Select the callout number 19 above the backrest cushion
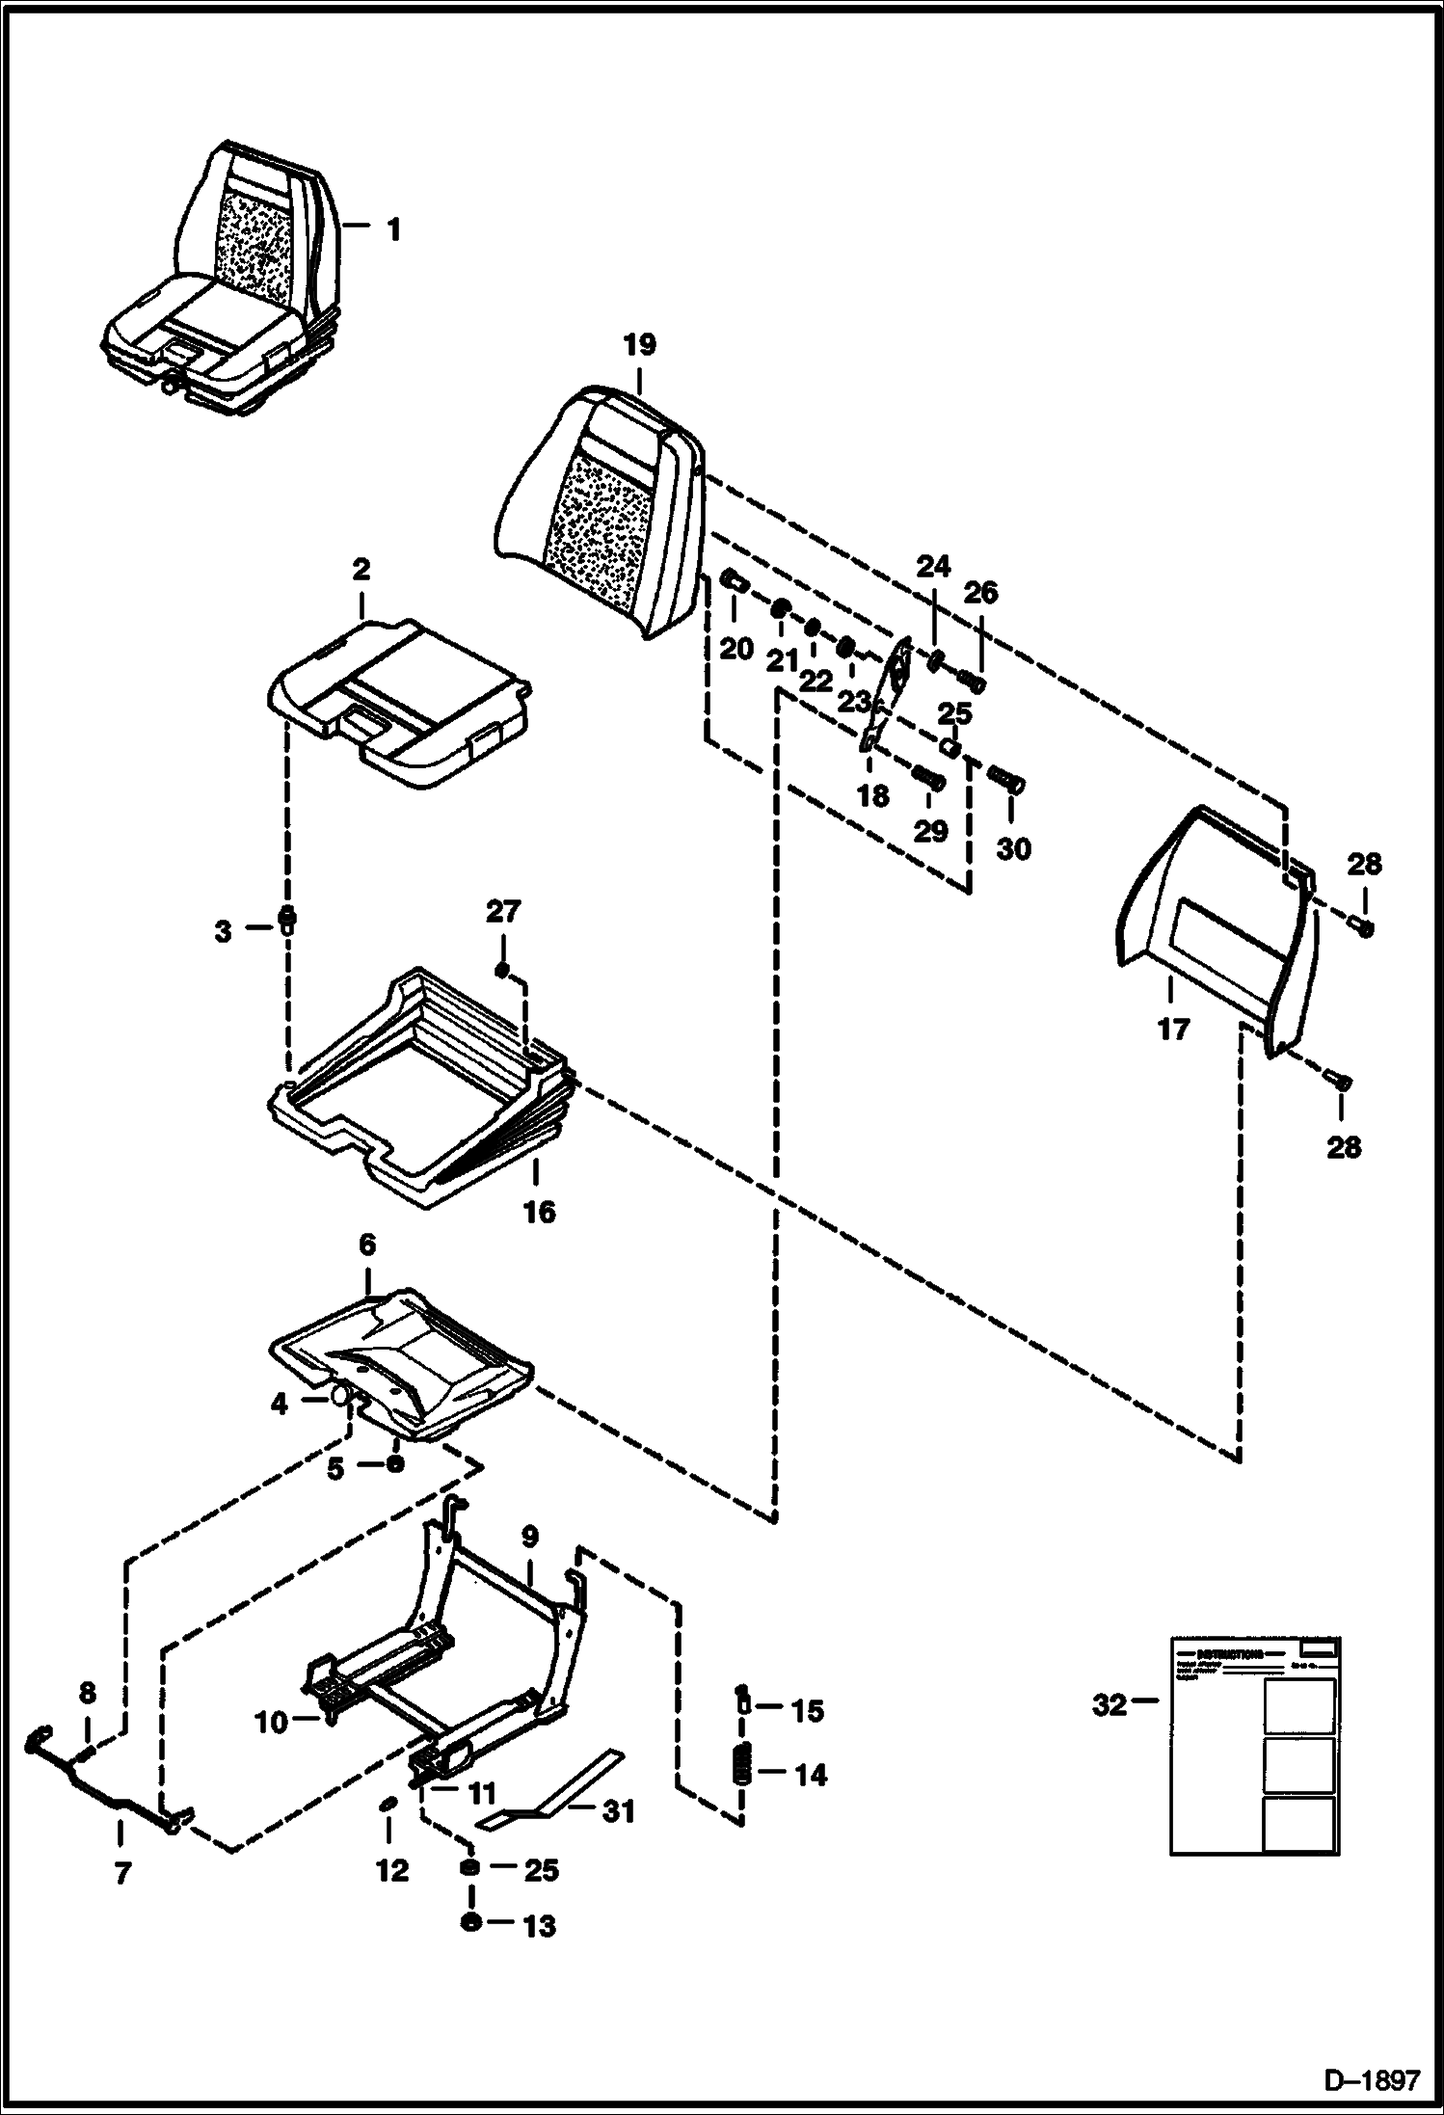point(638,345)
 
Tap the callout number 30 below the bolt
point(1013,849)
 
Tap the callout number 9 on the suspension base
point(530,1536)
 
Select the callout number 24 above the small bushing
point(933,566)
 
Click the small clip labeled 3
point(285,919)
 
